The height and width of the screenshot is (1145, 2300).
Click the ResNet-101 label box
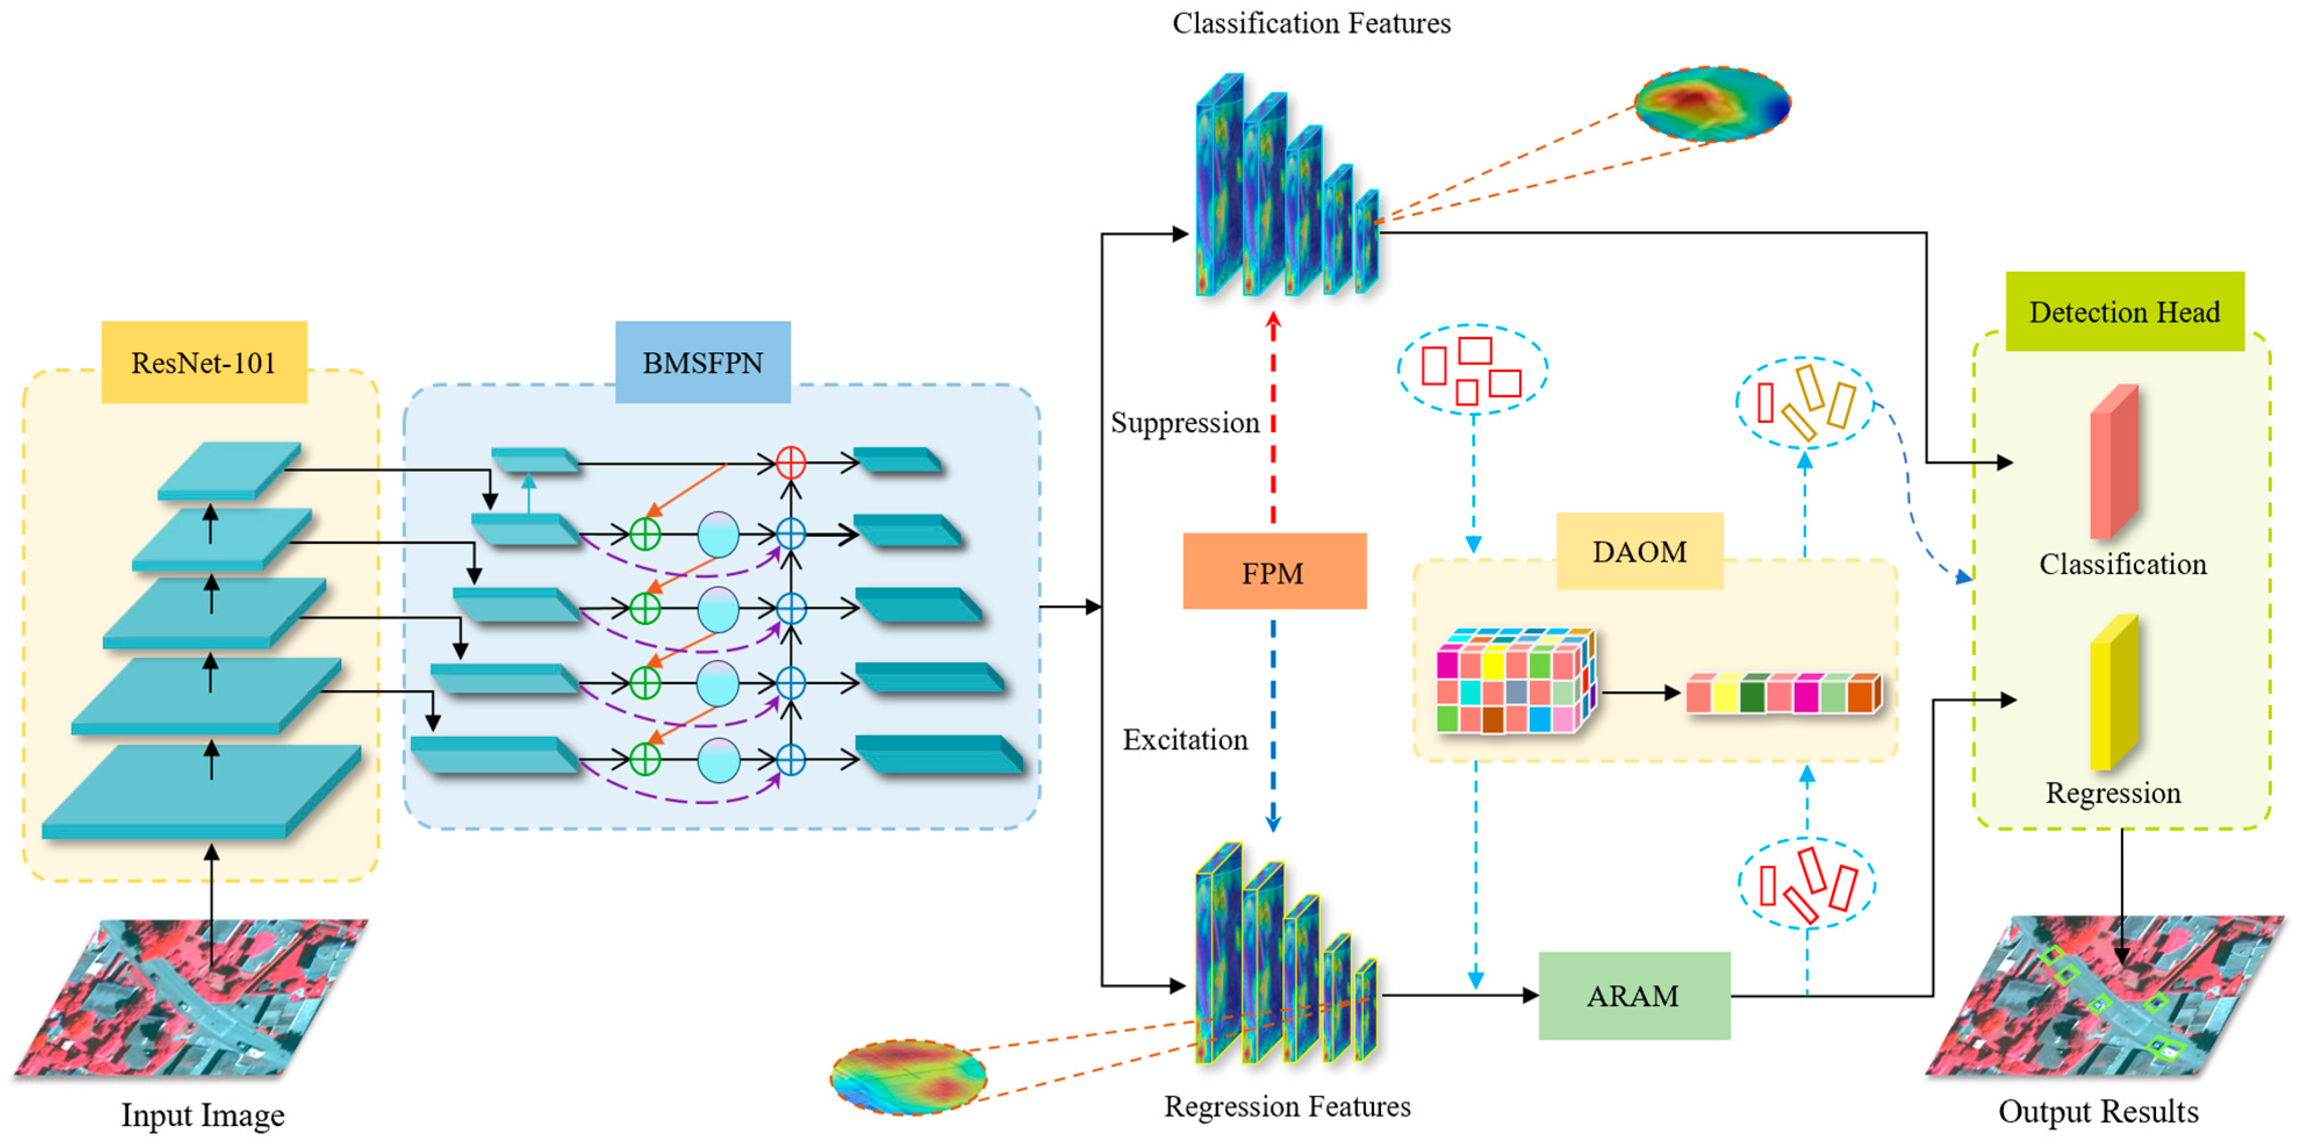click(x=204, y=362)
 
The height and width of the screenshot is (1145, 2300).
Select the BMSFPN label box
click(x=703, y=362)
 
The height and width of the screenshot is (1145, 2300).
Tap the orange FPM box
click(x=1274, y=572)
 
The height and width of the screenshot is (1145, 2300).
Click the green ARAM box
click(x=1634, y=995)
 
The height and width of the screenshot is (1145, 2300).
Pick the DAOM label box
click(x=1639, y=551)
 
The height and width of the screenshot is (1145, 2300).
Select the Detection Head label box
click(x=2125, y=312)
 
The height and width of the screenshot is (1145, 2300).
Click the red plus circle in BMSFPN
click(x=791, y=462)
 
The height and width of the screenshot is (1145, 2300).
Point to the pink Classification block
click(x=2114, y=462)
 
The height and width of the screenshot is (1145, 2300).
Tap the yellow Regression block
click(x=2114, y=692)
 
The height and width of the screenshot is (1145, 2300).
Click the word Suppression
click(x=1185, y=422)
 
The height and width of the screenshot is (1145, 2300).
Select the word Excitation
click(x=1185, y=740)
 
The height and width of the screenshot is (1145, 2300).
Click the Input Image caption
click(x=203, y=1115)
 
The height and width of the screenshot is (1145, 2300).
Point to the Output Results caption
click(x=2098, y=1111)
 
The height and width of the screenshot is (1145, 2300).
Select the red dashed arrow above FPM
click(x=1274, y=418)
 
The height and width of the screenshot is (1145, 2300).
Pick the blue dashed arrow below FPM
click(x=1274, y=726)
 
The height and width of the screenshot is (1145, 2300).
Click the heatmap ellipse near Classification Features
click(x=1712, y=103)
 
